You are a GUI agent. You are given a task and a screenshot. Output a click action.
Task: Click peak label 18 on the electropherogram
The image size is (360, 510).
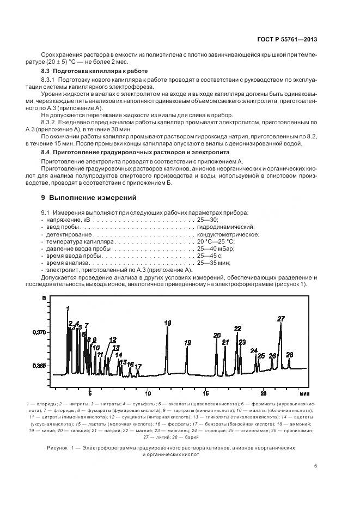(x=167, y=323)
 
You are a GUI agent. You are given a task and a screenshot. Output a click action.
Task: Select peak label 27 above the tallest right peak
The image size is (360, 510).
(x=281, y=319)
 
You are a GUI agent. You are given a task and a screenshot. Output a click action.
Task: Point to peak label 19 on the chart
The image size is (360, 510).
(x=187, y=343)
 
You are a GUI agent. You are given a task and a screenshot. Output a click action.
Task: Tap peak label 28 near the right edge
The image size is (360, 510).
(x=290, y=355)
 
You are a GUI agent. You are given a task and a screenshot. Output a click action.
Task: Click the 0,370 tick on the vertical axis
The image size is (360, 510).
(x=39, y=332)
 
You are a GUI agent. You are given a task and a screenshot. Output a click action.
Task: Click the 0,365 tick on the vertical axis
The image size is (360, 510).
(x=39, y=366)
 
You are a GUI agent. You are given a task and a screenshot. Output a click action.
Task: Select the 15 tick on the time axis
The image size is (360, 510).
(x=206, y=393)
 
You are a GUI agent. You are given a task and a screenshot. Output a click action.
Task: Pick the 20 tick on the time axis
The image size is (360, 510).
(x=263, y=393)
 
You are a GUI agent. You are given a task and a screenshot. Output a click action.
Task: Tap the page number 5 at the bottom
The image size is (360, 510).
(x=316, y=465)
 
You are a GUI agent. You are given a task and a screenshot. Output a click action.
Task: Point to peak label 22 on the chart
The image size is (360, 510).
(x=237, y=329)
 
